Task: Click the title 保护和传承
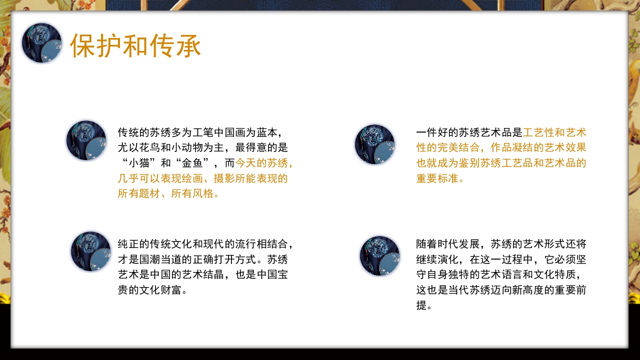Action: point(135,45)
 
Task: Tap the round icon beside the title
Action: point(41,43)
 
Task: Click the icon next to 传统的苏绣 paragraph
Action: point(86,140)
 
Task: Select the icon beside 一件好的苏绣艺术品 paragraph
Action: point(374,144)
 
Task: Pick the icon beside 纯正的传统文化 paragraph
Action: point(90,251)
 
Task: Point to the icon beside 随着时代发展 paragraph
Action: point(379,256)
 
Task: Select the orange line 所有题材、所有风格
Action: point(168,193)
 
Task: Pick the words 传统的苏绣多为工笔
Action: point(165,132)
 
